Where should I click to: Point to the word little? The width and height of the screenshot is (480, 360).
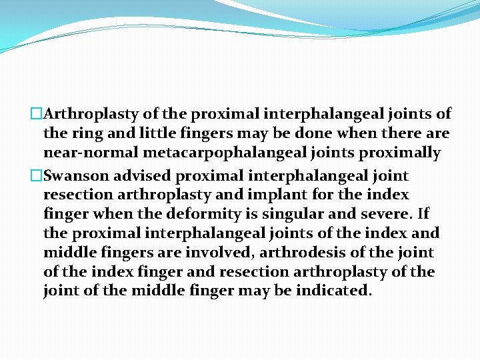[141, 133]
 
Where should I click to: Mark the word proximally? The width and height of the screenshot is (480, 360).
[401, 153]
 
